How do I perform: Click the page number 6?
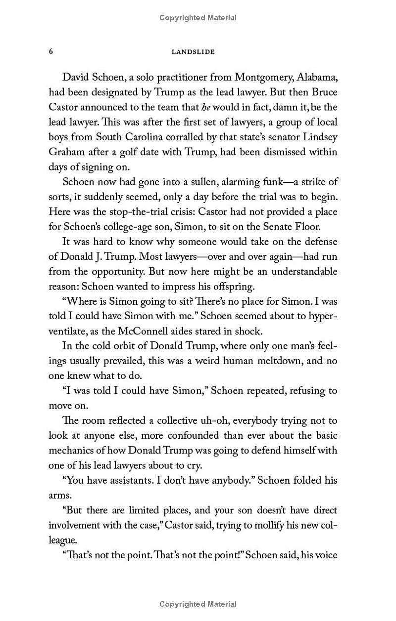pyautogui.click(x=51, y=51)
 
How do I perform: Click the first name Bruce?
pyautogui.click(x=322, y=92)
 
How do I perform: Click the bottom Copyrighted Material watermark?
pyautogui.click(x=198, y=604)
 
